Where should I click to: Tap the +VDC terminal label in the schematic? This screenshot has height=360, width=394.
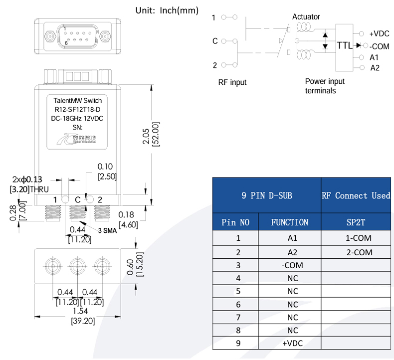tap(379, 34)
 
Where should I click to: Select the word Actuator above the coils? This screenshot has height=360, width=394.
tap(306, 17)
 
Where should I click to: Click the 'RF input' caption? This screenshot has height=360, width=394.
tap(232, 82)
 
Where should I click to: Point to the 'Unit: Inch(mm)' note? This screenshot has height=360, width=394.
tap(167, 10)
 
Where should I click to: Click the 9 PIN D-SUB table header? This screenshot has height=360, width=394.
tap(267, 195)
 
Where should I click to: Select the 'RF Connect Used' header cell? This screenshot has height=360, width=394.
tap(356, 195)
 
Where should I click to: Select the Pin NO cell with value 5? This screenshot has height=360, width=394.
tap(238, 291)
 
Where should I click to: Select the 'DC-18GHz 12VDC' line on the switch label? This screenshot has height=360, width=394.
tap(77, 118)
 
